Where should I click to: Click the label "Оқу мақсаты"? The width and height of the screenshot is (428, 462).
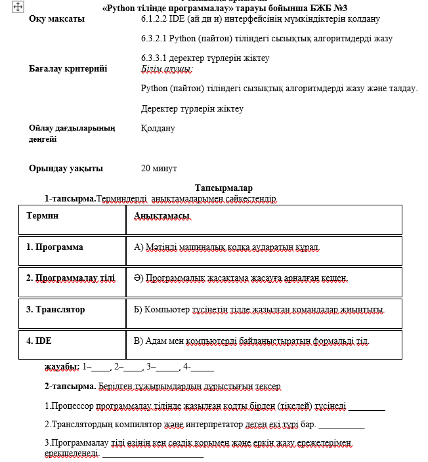(56, 19)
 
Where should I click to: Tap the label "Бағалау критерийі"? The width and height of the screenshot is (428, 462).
(68, 68)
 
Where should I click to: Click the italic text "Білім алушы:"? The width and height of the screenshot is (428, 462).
(167, 68)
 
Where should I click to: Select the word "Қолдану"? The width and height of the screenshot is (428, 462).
(158, 129)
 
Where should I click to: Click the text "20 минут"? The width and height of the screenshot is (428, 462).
(159, 169)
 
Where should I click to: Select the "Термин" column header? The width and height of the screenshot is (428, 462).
(42, 215)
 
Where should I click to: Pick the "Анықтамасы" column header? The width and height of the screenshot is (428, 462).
(162, 216)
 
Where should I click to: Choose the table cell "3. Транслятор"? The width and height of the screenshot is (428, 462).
(55, 309)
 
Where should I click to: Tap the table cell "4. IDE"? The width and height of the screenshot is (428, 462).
(39, 341)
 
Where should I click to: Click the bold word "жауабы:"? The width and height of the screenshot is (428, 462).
(62, 366)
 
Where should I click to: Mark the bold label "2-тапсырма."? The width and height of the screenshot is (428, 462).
(70, 386)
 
